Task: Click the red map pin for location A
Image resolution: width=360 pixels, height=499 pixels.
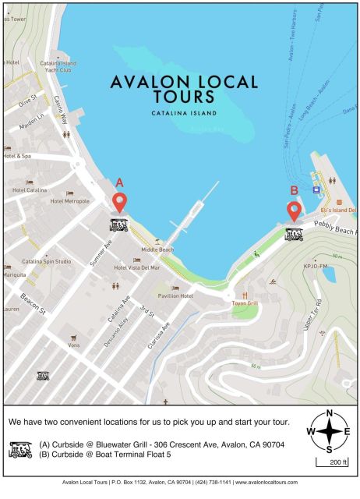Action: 119,203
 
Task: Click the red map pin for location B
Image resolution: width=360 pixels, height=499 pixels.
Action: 294,211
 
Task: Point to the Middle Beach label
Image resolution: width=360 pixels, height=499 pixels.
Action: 157,249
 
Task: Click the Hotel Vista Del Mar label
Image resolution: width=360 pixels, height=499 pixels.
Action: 136,268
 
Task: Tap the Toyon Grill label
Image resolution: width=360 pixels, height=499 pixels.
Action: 244,303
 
